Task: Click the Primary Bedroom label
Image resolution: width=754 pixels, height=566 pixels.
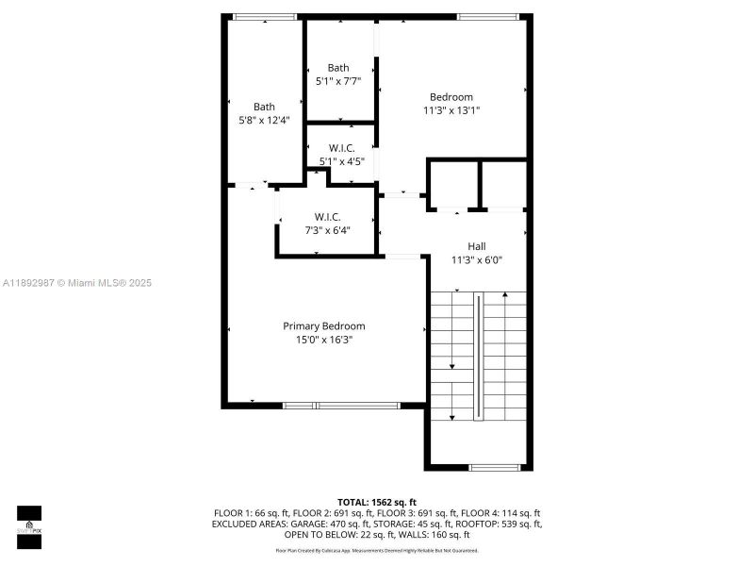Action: click(323, 326)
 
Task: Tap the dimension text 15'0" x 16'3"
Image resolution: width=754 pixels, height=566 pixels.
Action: click(323, 340)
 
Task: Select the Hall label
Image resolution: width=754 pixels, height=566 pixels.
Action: click(477, 246)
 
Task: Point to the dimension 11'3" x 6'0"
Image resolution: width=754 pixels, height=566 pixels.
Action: click(477, 259)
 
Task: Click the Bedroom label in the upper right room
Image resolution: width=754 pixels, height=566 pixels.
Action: click(451, 97)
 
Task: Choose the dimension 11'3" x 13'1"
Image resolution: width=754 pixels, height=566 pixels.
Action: click(451, 110)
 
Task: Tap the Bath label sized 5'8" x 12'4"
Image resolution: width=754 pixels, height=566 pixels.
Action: click(264, 107)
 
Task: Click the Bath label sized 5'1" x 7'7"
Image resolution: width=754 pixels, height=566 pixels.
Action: click(338, 68)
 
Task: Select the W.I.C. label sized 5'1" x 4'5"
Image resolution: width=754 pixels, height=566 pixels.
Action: click(341, 148)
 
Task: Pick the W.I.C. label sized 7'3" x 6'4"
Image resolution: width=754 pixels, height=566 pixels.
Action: click(327, 217)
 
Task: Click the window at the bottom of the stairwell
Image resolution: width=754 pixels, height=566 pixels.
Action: click(495, 467)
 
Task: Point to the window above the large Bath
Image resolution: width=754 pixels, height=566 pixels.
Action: click(264, 16)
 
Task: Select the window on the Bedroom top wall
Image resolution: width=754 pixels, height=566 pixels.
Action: click(485, 16)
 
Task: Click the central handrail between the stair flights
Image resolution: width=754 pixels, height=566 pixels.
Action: click(478, 357)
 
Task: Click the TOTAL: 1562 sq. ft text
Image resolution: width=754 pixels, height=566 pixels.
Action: click(377, 502)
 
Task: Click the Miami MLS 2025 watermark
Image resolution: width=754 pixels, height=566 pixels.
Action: click(76, 283)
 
